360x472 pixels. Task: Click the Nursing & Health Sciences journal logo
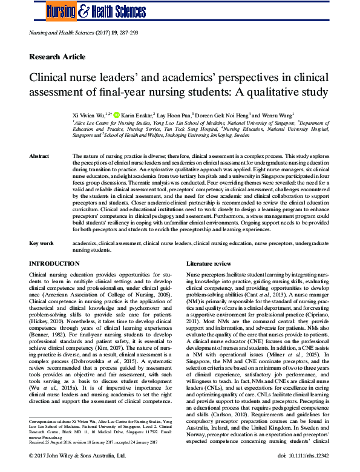(x=88, y=10)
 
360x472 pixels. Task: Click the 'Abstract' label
(x=39, y=156)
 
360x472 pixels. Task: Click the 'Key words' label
(x=41, y=243)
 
